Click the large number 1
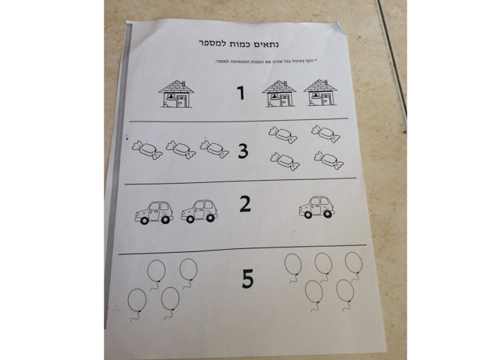click(241, 94)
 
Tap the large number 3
click(243, 151)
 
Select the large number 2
click(244, 204)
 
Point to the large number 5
click(247, 279)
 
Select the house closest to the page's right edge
click(320, 96)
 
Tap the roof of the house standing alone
click(177, 85)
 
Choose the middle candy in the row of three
click(181, 148)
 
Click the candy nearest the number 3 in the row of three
click(214, 148)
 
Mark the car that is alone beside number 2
click(316, 207)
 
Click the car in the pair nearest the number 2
click(199, 211)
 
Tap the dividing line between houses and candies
click(240, 120)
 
